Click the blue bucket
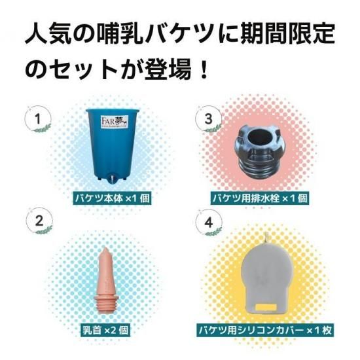113,145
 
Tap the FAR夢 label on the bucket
115,121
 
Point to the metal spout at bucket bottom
113,179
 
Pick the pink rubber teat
106,280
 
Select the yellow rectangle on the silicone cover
266,307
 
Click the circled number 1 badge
38,119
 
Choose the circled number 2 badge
39,221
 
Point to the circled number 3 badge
208,119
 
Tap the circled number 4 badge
208,222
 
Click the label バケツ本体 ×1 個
113,198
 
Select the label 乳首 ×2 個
105,331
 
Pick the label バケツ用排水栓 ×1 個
260,198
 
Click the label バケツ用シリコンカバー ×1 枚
265,331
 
